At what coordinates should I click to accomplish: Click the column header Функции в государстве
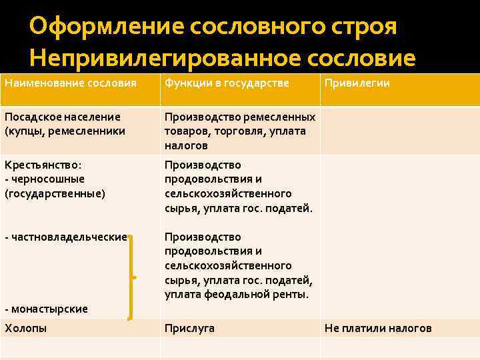coord(227,83)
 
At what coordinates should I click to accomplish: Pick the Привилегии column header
coord(357,83)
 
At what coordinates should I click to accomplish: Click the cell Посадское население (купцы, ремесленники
coord(65,124)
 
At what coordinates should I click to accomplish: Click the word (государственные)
coord(55,193)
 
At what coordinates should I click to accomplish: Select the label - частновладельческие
coord(65,237)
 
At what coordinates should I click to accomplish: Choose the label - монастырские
coord(46,309)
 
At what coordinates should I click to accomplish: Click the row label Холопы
coord(25,328)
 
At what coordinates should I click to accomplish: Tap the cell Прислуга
coord(190,328)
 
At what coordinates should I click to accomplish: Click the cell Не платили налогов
coord(378,328)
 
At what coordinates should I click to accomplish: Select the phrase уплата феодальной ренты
coord(237,294)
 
